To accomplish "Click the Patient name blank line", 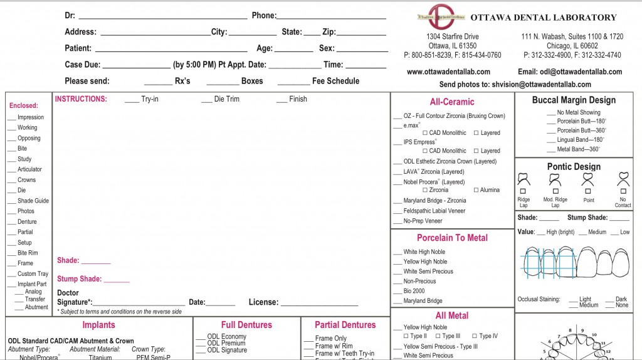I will [x=171, y=49].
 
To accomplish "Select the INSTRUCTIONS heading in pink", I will [x=81, y=99].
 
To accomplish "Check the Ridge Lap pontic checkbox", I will [x=523, y=191].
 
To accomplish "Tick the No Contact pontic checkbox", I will [x=623, y=191].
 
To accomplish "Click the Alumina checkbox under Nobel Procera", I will [x=476, y=190].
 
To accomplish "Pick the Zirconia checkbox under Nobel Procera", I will [x=426, y=190].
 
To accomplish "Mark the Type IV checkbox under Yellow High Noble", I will [x=474, y=336].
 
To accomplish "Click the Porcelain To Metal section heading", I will [x=452, y=238].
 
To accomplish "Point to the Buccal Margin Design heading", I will [x=574, y=100].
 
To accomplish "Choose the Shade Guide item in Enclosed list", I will [x=33, y=201].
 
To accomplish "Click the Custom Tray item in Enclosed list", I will [x=33, y=274].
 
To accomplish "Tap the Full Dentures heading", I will [x=246, y=325].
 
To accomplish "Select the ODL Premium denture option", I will [x=226, y=344].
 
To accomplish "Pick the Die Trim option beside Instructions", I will [x=226, y=99].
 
